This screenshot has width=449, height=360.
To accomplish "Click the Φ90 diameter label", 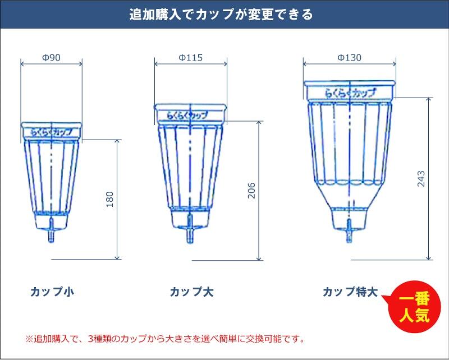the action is tap(51, 58).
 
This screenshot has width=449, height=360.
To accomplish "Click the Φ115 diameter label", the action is tap(190, 58).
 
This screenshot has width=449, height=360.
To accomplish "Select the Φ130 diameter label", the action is tap(349, 58).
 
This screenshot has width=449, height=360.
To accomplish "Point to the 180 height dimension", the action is tap(109, 199).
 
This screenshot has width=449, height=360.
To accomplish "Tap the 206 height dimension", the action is tap(251, 190).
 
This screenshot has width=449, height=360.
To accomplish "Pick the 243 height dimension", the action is tap(421, 178).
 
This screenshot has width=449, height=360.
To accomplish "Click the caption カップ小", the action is tap(52, 292).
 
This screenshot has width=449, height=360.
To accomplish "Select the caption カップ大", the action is tap(191, 292).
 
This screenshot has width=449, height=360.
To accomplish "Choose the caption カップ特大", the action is tap(350, 292).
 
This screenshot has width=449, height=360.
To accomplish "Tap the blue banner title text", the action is tap(221, 15).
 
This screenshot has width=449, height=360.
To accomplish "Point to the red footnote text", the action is tap(165, 339).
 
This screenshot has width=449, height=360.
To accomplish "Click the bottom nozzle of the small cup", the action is tap(51, 230).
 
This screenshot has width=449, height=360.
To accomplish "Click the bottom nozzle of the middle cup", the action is tap(190, 229).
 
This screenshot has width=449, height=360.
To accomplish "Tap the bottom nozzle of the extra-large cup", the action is tap(349, 231).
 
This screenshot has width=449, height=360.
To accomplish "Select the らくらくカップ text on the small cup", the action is tap(51, 132).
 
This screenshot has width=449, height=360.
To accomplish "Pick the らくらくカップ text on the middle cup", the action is tap(187, 116).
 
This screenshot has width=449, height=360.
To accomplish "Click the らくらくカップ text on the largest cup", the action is tap(350, 93).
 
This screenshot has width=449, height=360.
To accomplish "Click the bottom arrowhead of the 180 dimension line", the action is tap(117, 257).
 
